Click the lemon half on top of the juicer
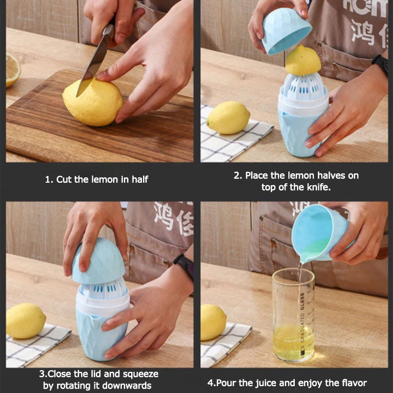(303, 60)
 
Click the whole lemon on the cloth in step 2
(228, 118)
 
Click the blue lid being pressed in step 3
(98, 261)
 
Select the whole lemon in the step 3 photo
(26, 321)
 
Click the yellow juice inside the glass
(293, 341)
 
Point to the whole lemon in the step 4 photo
(213, 322)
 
